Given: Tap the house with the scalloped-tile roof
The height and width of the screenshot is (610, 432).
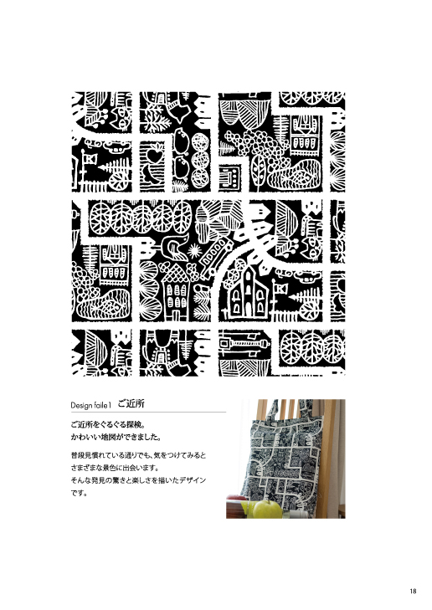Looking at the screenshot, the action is (x=175, y=290).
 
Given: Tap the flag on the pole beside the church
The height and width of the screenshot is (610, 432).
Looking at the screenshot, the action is (x=281, y=289).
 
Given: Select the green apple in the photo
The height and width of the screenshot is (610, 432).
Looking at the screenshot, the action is (x=267, y=509).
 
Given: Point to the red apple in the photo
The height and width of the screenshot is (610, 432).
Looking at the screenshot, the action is (x=236, y=497).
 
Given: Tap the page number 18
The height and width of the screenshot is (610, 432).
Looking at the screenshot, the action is (x=413, y=591).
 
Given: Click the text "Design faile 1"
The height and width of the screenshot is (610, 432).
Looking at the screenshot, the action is (x=91, y=405).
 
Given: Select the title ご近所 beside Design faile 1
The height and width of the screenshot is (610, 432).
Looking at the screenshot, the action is (x=131, y=403).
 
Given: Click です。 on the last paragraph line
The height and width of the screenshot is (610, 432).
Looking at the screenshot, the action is (x=79, y=493).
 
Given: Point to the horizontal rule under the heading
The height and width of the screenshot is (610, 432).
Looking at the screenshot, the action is (x=148, y=412).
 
